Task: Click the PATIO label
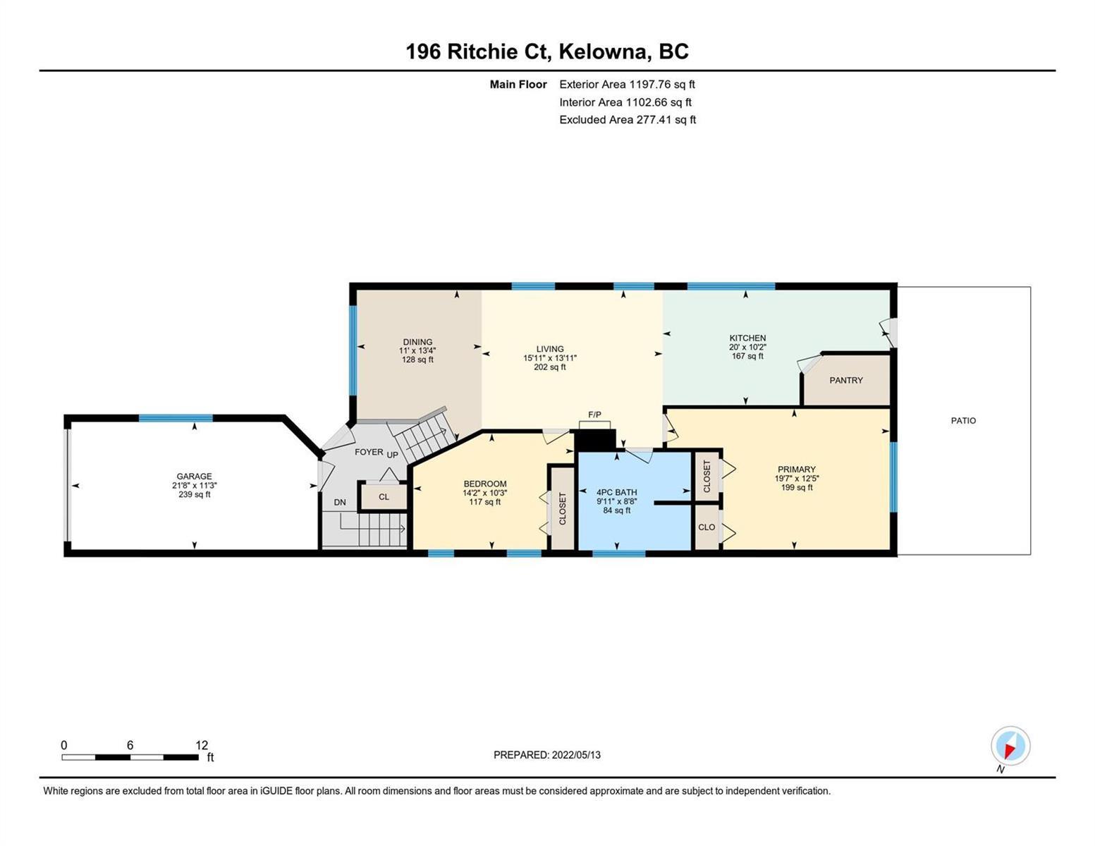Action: pyautogui.click(x=963, y=420)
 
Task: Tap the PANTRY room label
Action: pyautogui.click(x=846, y=381)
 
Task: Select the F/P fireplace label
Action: pyautogui.click(x=594, y=415)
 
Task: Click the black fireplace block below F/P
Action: pyautogui.click(x=595, y=440)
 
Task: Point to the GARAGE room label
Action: pyautogui.click(x=194, y=476)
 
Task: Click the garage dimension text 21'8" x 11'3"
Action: pyautogui.click(x=194, y=485)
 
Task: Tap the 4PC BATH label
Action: pyautogui.click(x=617, y=492)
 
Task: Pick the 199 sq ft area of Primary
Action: pyautogui.click(x=796, y=487)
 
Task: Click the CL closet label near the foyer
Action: pyautogui.click(x=384, y=497)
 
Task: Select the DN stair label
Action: pyautogui.click(x=340, y=503)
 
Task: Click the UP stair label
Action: pyautogui.click(x=392, y=455)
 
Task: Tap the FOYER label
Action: pyautogui.click(x=369, y=452)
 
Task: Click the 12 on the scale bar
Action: pyautogui.click(x=202, y=745)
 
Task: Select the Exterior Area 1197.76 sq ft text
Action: pyautogui.click(x=627, y=85)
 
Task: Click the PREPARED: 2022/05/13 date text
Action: pyautogui.click(x=546, y=755)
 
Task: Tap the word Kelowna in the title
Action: pyautogui.click(x=603, y=51)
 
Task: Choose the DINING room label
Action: pyautogui.click(x=417, y=342)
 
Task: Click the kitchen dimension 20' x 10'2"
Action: pyautogui.click(x=747, y=347)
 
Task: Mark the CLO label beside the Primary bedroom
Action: pyautogui.click(x=706, y=527)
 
